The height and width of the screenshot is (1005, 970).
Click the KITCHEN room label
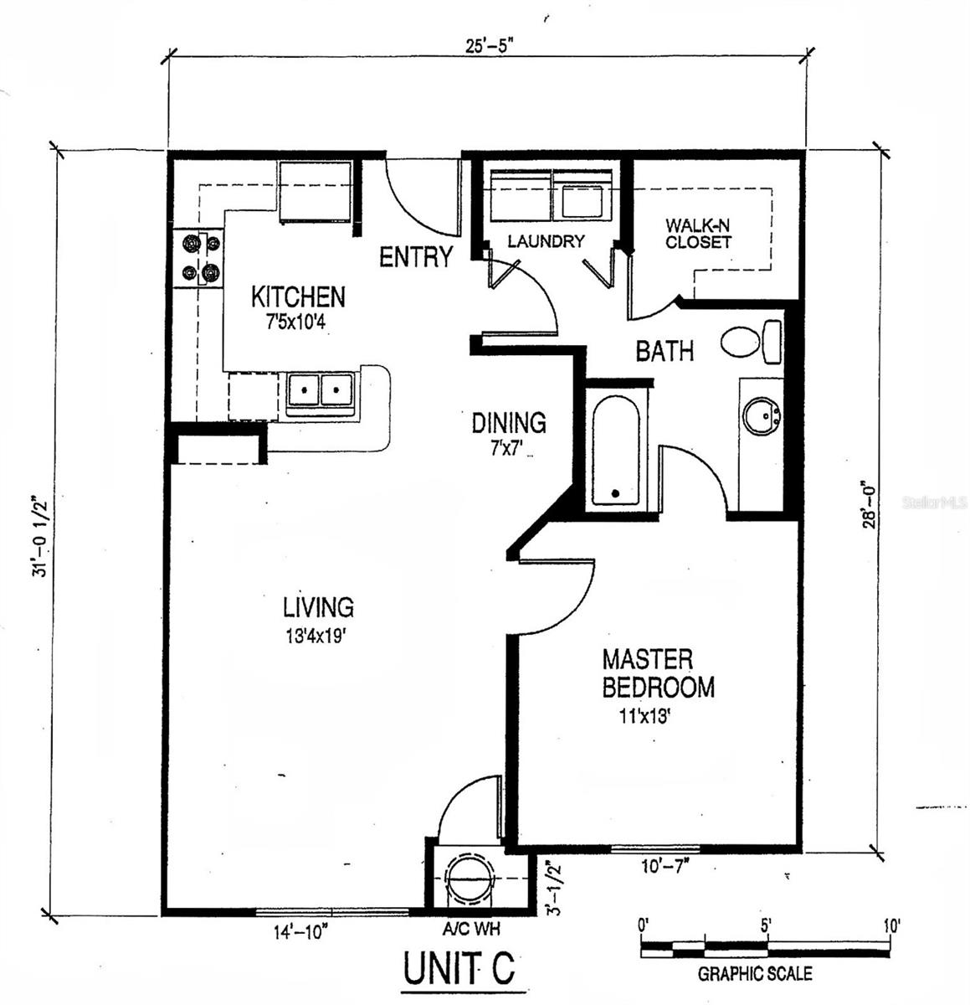pyautogui.click(x=298, y=296)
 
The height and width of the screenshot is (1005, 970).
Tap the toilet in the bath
pyautogui.click(x=751, y=342)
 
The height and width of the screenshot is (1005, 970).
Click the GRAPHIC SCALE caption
pyautogui.click(x=755, y=974)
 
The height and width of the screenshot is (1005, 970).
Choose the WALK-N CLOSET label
pyautogui.click(x=698, y=234)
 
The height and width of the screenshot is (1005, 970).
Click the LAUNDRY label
pyautogui.click(x=546, y=241)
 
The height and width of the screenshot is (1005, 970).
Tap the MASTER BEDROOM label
pyautogui.click(x=659, y=673)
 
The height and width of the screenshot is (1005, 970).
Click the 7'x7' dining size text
pyautogui.click(x=506, y=448)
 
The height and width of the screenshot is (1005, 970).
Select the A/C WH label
pyautogui.click(x=472, y=928)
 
